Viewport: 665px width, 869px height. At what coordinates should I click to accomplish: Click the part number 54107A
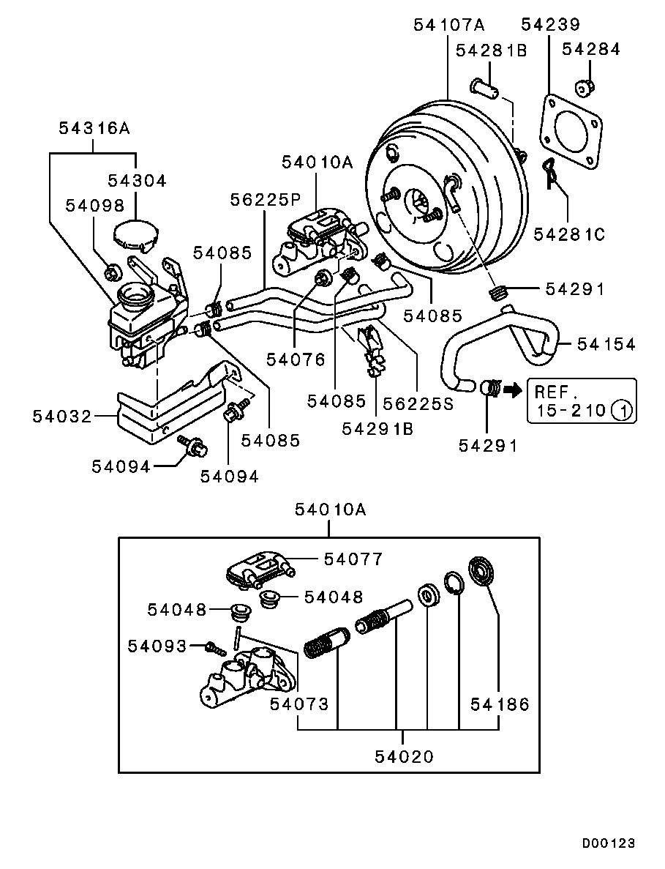click(x=448, y=25)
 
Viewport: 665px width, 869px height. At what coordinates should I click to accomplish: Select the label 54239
click(x=550, y=25)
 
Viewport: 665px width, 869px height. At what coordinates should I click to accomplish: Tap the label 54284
click(x=591, y=50)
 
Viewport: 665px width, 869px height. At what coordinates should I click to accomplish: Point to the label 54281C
click(x=569, y=234)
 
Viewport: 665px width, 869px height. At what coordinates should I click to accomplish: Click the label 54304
click(x=137, y=181)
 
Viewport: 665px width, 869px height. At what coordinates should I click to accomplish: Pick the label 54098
click(x=95, y=205)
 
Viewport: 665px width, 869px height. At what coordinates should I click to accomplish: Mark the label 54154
click(x=606, y=343)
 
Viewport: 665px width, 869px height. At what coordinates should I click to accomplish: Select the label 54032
click(x=61, y=417)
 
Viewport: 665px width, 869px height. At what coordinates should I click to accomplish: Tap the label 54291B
click(x=377, y=428)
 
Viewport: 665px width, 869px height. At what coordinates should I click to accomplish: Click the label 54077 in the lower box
click(x=353, y=559)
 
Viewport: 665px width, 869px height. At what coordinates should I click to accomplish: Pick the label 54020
click(x=405, y=756)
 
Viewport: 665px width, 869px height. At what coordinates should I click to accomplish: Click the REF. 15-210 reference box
click(x=581, y=400)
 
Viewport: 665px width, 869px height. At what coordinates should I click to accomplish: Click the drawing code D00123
click(x=608, y=843)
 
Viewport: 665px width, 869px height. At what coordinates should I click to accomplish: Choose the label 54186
click(x=499, y=704)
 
